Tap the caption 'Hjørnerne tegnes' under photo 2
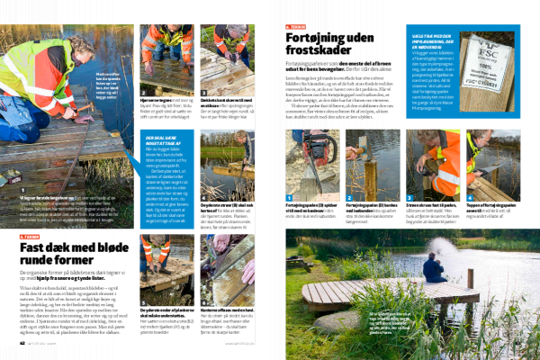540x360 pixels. (166, 100)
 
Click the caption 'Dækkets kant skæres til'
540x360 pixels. (224, 100)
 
